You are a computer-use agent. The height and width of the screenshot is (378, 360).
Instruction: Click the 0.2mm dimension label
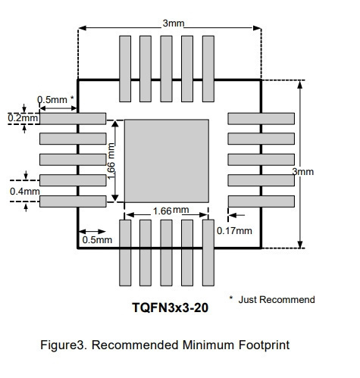tap(23, 118)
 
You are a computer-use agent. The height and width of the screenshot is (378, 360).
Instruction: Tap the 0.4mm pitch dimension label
tap(25, 192)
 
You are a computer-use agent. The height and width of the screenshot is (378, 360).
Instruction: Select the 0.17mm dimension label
tap(234, 231)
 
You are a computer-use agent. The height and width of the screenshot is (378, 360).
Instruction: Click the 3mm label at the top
tap(174, 23)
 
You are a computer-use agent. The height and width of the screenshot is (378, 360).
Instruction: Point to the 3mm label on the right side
tap(303, 172)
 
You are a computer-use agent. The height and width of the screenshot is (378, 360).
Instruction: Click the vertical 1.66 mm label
tap(111, 161)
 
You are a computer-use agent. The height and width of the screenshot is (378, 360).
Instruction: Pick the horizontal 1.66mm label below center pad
tap(171, 211)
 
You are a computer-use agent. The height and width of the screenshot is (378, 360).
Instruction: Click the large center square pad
tap(167, 161)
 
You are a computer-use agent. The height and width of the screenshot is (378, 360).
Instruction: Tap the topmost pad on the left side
tap(73, 119)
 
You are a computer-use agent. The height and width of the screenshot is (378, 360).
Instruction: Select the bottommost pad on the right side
tap(261, 201)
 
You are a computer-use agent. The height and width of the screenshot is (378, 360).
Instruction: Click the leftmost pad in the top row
tap(125, 69)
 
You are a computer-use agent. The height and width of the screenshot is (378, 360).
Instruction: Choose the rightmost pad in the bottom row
tap(208, 253)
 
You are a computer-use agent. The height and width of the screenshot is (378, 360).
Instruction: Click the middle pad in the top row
tap(166, 69)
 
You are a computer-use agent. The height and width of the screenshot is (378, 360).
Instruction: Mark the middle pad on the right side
tap(261, 160)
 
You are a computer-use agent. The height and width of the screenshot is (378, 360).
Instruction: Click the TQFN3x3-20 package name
tap(171, 308)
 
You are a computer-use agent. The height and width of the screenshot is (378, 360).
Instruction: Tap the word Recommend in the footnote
tap(287, 300)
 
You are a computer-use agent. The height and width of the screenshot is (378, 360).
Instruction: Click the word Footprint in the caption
tap(264, 345)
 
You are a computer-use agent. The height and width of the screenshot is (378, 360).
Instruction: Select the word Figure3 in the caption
tap(64, 345)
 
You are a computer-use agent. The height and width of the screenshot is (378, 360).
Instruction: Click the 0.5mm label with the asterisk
tap(55, 99)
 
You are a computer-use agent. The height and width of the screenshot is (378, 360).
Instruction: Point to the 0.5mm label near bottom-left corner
tap(97, 240)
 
